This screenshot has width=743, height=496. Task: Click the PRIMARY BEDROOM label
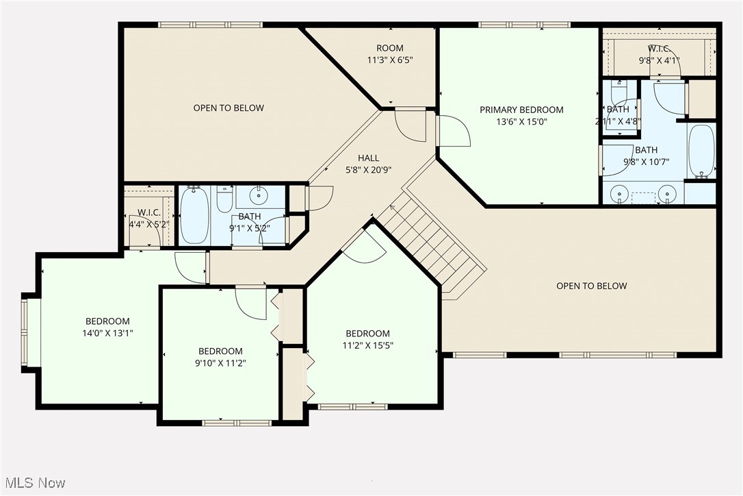pos(521,110)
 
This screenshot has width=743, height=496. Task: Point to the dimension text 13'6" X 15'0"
pos(521,122)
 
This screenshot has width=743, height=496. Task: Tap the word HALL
pos(368,158)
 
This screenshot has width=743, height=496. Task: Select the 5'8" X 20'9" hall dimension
pos(368,171)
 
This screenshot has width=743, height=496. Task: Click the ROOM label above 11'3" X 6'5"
pos(390,48)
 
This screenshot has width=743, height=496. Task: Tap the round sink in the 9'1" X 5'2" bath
pos(259,196)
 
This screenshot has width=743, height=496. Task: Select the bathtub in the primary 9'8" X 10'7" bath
pos(701,151)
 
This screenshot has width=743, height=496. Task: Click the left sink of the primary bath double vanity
pos(620,194)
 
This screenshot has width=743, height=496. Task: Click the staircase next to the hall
pos(431,240)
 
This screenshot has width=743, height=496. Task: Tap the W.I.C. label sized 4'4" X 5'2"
pos(148,212)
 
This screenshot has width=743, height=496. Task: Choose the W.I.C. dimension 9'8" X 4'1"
pos(659,60)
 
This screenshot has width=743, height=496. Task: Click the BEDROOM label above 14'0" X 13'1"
pos(107,321)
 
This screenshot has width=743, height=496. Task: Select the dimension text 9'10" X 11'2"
pos(221,363)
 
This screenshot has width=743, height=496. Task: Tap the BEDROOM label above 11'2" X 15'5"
pos(367,334)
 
